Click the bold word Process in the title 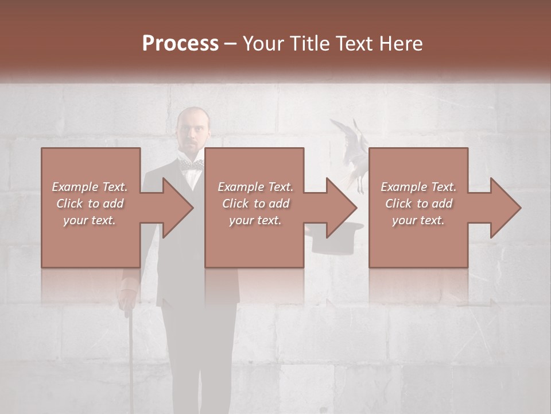point(180,44)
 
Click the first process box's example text point(90,204)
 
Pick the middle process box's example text point(255,204)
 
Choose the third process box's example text point(418,204)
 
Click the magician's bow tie point(191,164)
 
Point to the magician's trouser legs point(198,356)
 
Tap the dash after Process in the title point(231,44)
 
